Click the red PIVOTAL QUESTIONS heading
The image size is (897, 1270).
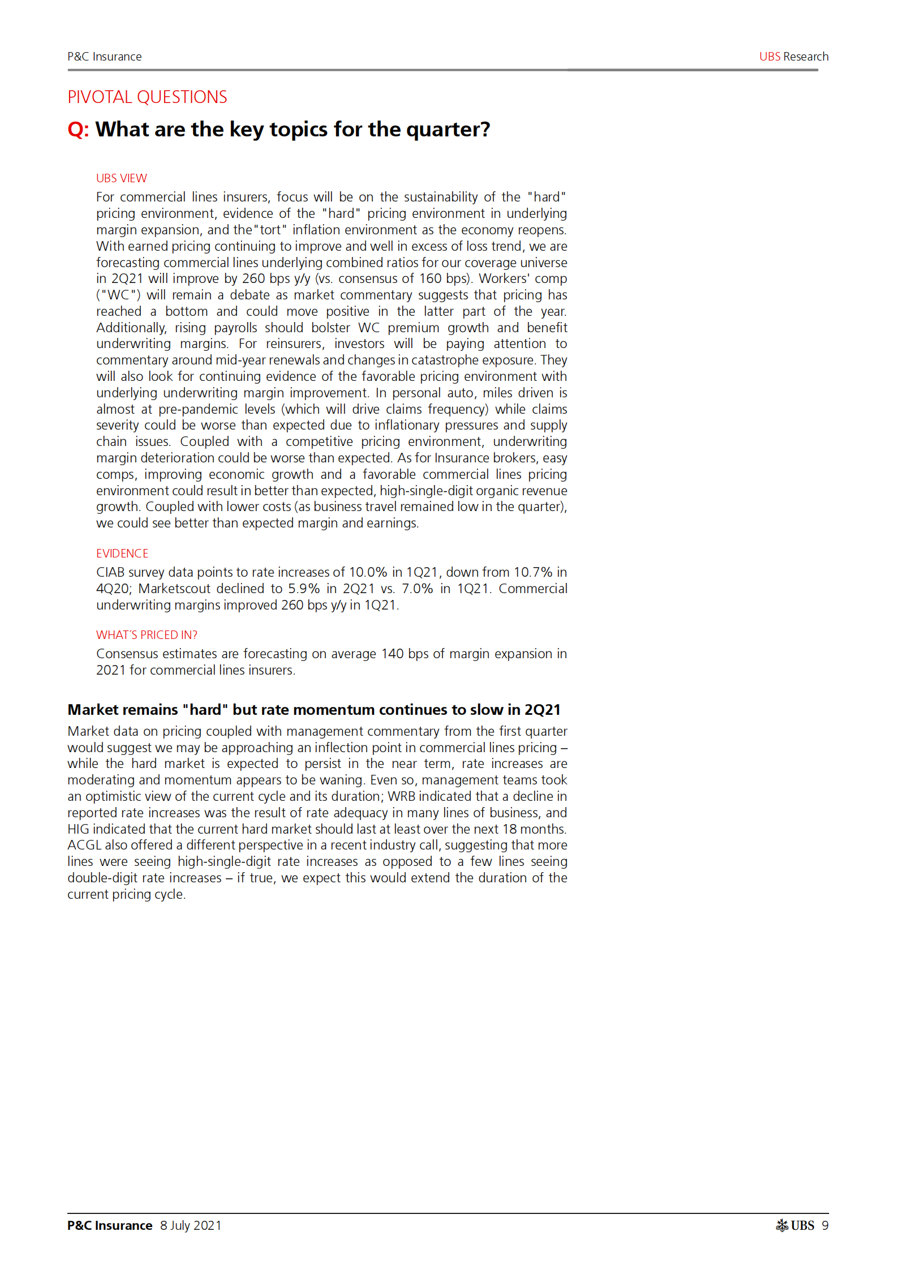click(x=147, y=97)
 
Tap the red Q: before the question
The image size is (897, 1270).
click(x=78, y=130)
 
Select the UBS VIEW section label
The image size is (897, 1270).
click(x=121, y=178)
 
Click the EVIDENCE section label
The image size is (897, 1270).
click(x=122, y=554)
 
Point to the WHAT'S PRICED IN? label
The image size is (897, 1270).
click(x=147, y=635)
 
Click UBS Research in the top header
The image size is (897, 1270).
click(x=793, y=57)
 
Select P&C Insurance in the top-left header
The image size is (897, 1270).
click(x=104, y=57)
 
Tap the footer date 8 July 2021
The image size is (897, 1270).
click(x=191, y=1225)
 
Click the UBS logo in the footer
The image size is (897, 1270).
click(x=795, y=1225)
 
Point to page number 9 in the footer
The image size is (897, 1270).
click(x=825, y=1225)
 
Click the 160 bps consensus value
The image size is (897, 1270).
click(x=445, y=278)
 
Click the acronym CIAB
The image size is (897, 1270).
click(x=110, y=572)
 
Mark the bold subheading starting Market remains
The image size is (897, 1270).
click(x=314, y=710)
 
